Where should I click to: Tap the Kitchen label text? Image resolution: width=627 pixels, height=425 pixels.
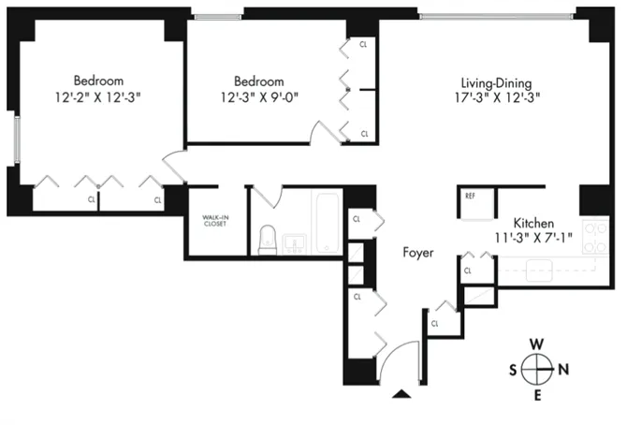coord(532,223)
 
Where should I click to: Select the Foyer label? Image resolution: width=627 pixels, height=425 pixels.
coord(418,253)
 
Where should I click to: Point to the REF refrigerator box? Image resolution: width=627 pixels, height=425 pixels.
coord(472,197)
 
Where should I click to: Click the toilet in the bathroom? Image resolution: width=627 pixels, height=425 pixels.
coord(266,240)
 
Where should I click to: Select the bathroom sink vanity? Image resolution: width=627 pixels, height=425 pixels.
coord(296,243)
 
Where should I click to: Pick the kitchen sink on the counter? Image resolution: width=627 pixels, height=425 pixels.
coord(541,271)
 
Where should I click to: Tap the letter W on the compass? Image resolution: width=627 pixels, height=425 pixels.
coord(537,343)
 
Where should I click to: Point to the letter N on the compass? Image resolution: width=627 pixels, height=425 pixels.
coord(564,369)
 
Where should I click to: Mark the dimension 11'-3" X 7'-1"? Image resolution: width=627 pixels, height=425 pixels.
coord(532,239)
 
